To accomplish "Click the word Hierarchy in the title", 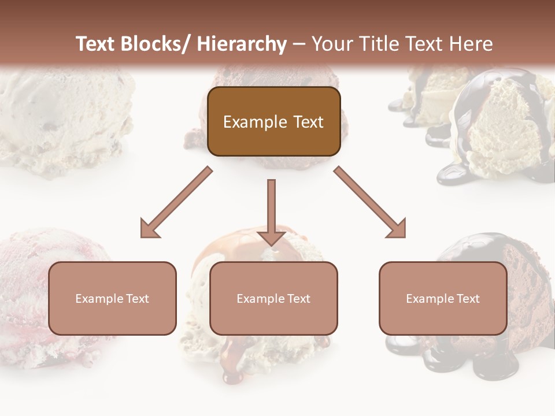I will [242, 44].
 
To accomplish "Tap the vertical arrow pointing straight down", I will [271, 208].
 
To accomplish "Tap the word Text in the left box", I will [137, 299].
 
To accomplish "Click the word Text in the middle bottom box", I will [298, 299].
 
